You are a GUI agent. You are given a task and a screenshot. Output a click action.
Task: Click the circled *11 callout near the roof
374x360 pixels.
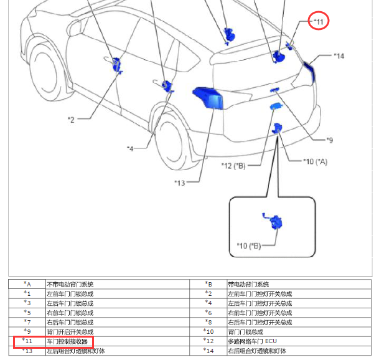tap(319, 22)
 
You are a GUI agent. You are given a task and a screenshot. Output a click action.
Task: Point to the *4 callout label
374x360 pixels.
tap(129, 148)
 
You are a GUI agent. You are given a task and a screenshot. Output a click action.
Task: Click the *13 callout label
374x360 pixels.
tap(180, 182)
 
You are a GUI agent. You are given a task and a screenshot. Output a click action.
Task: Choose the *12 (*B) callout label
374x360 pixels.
tap(233, 165)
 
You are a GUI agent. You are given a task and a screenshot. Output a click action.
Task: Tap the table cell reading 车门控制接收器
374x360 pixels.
tap(67, 341)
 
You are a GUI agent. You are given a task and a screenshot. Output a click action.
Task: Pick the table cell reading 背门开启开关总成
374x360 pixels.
tap(70, 332)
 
